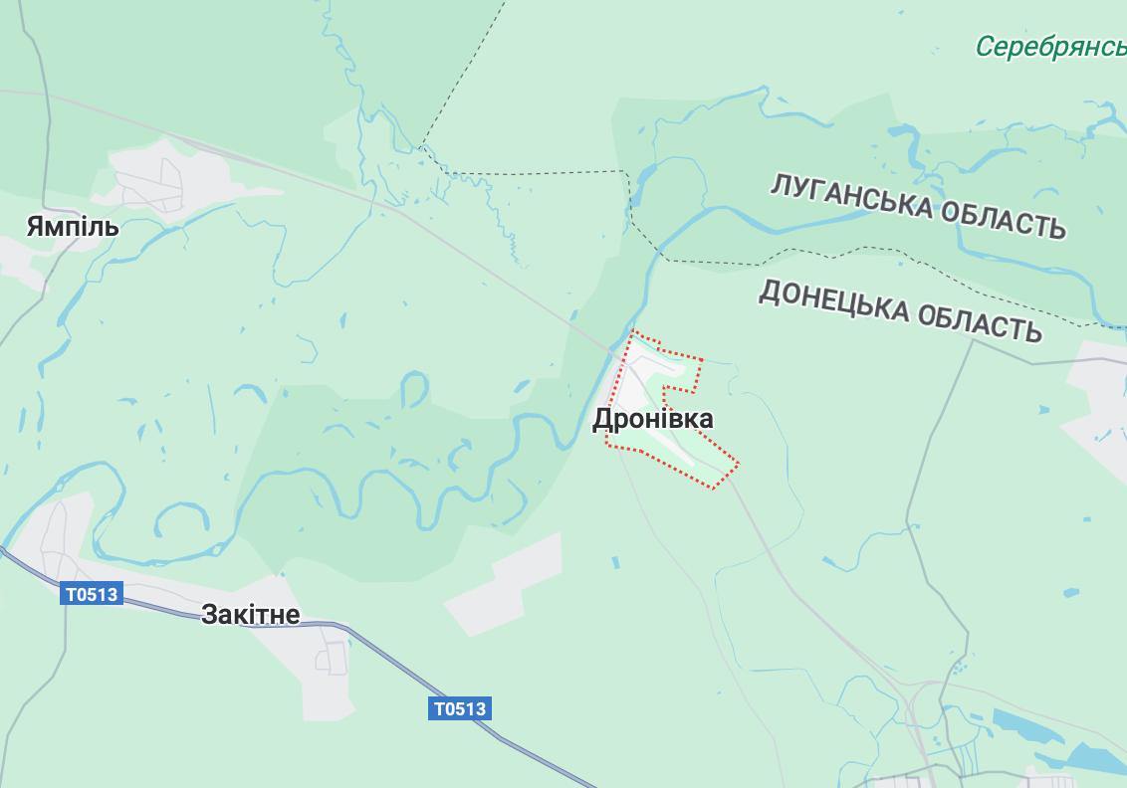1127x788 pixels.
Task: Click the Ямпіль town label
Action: click(73, 227)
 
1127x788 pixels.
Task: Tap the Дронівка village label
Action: click(653, 419)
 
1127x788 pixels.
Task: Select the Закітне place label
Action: click(250, 615)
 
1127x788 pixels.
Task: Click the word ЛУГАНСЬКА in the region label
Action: click(851, 197)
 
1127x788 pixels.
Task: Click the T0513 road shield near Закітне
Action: click(92, 595)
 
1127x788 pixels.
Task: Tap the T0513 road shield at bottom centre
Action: click(460, 708)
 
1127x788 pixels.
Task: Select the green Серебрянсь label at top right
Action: click(1050, 47)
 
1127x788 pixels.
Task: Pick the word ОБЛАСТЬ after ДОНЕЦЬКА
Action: click(980, 323)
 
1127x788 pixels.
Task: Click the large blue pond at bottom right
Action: click(1025, 731)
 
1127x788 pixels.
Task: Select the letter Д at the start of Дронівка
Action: click(602, 420)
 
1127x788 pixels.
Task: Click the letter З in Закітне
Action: click(209, 615)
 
